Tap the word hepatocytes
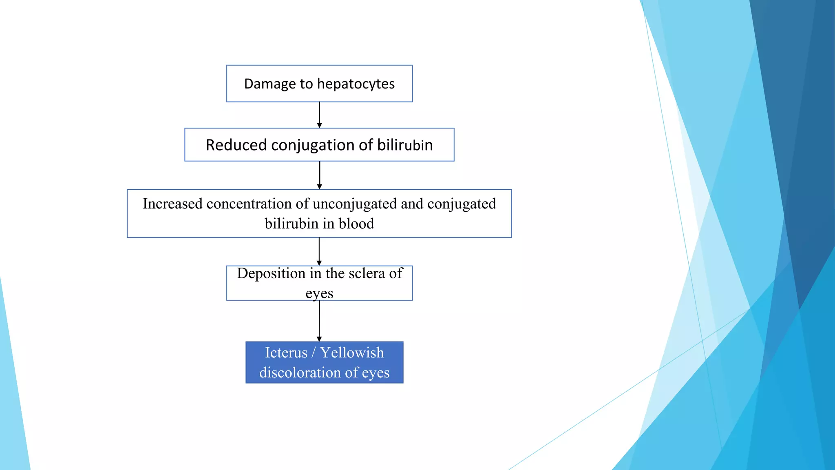[x=356, y=84]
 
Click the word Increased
[x=172, y=204]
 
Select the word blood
[x=356, y=224]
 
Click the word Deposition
[x=271, y=273]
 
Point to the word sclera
[x=367, y=273]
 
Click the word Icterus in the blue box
[x=286, y=352]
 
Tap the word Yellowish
[x=352, y=352]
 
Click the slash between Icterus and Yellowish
[x=314, y=352]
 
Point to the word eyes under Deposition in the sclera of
[x=319, y=293]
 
